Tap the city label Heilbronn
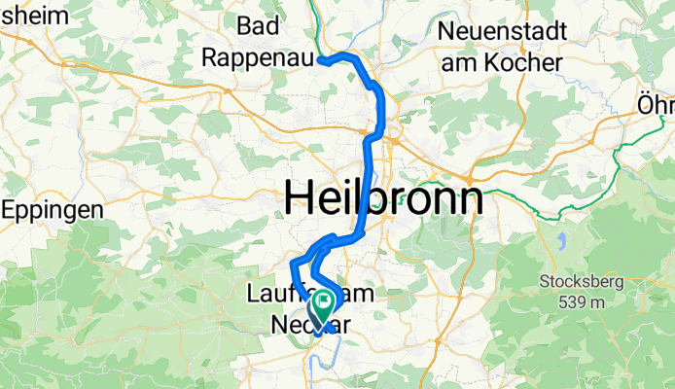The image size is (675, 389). (x=384, y=199)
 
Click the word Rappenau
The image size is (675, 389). (x=258, y=58)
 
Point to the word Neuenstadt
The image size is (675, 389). (x=502, y=30)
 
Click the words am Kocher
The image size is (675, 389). (x=502, y=62)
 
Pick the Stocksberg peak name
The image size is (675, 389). (x=582, y=283)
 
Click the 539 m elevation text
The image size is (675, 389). (x=583, y=301)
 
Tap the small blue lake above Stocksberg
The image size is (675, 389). (x=562, y=239)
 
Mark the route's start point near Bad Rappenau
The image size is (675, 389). (x=320, y=60)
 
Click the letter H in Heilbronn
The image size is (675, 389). (x=302, y=199)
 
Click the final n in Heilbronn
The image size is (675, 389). (x=470, y=199)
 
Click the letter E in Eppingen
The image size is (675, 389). (x=12, y=209)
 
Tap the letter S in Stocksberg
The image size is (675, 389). (x=546, y=283)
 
